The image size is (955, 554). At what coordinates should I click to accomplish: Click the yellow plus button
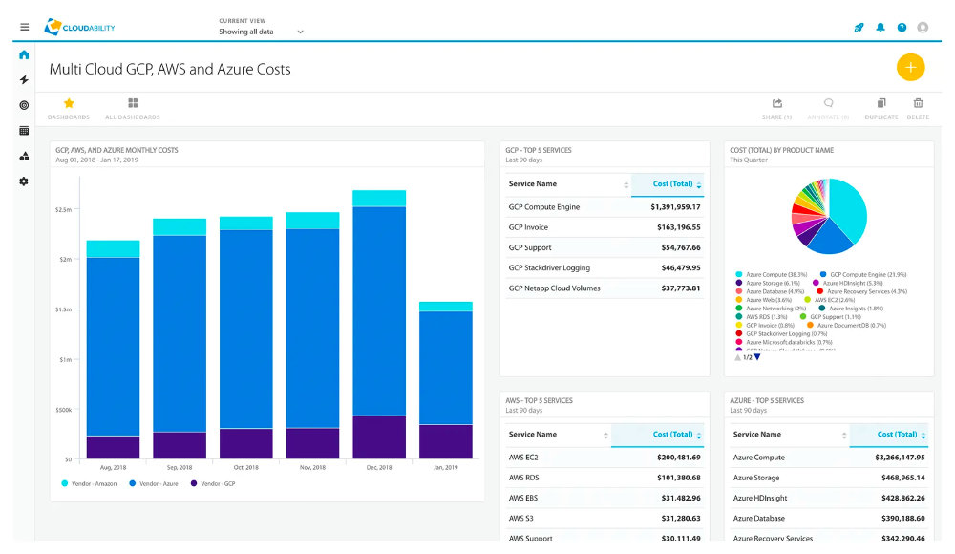tap(910, 67)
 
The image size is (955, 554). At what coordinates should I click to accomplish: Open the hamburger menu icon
tap(24, 28)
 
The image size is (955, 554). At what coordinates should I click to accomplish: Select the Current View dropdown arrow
tap(300, 32)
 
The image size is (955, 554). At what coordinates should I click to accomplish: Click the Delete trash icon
tap(918, 104)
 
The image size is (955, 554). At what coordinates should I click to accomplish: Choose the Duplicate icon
tap(881, 104)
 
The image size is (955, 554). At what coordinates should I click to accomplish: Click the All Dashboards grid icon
tap(133, 103)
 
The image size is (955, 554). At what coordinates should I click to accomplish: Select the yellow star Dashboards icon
tap(69, 103)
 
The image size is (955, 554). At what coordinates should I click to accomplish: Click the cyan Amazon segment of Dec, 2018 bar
tap(379, 198)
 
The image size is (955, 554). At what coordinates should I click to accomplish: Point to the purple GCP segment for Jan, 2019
tap(446, 441)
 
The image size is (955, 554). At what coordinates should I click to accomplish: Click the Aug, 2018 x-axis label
tap(113, 469)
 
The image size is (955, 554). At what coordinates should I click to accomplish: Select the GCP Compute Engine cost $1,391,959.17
tap(675, 206)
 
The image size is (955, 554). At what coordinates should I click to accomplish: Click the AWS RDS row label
tap(524, 477)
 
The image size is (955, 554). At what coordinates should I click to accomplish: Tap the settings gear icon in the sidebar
tap(24, 181)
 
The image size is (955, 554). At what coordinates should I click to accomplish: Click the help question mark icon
tap(902, 28)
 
